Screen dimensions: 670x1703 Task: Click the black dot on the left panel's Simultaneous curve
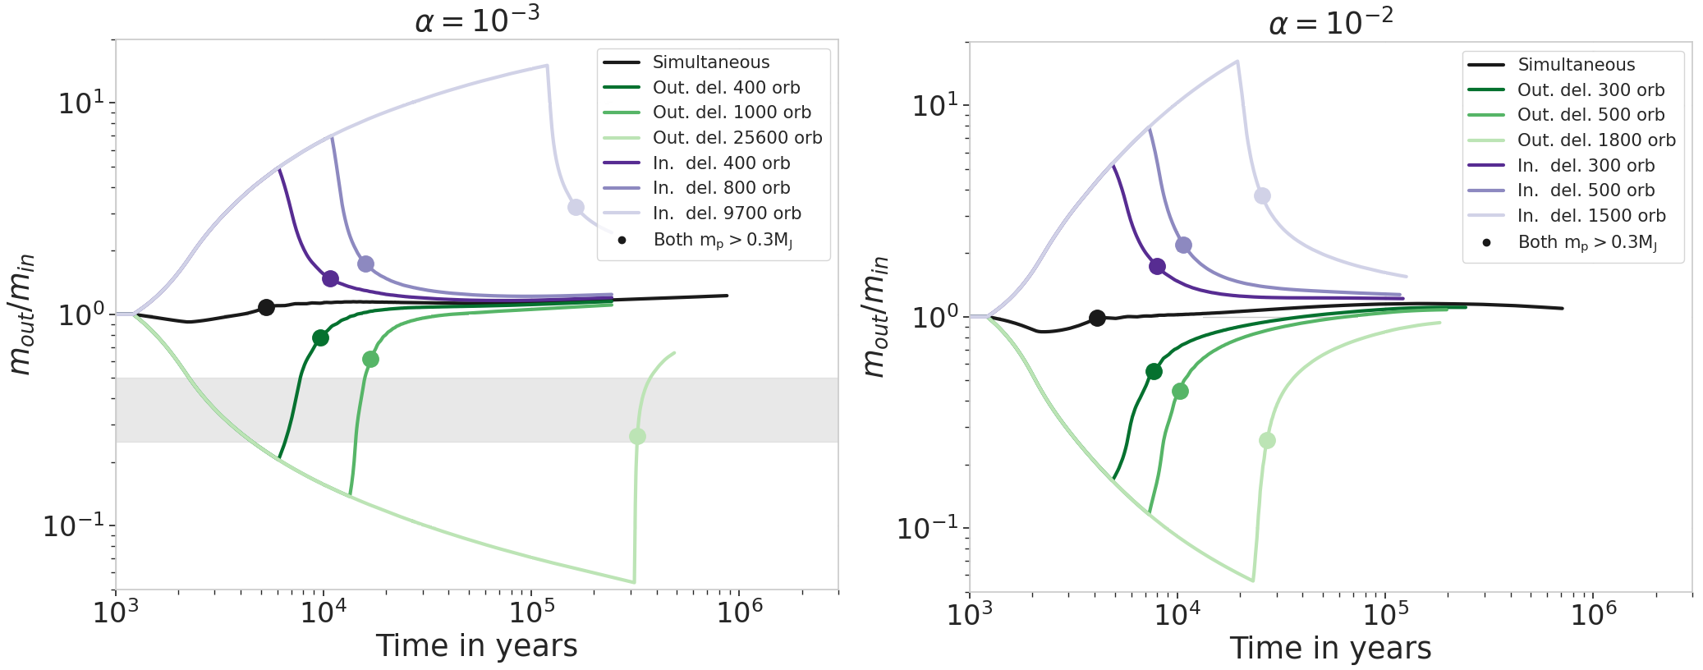pos(266,307)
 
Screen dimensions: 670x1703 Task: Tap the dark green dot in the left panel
pos(320,337)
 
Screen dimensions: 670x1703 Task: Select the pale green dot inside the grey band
pos(637,436)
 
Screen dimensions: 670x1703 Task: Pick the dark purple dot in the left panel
pos(330,278)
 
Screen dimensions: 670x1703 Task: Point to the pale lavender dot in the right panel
pos(1262,195)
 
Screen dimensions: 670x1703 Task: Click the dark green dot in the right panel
pos(1154,371)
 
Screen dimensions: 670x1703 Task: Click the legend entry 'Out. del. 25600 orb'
pos(737,138)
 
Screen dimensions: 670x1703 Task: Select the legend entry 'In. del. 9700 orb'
pos(726,213)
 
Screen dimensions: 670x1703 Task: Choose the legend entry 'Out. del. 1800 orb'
pos(1595,140)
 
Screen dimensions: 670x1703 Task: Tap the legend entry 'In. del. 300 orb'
pos(1585,166)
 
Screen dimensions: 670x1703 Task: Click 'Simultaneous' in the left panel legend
pos(710,62)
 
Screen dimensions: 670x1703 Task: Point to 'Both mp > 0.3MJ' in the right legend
pos(1586,242)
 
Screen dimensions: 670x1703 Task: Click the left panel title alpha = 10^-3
pos(477,20)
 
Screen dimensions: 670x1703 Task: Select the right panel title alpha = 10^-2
pos(1330,22)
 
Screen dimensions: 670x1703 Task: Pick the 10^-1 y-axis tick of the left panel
pos(74,525)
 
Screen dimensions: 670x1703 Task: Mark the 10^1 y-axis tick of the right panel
pos(934,105)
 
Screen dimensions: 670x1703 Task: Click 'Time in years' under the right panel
pos(1330,648)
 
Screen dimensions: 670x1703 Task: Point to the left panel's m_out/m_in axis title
pos(21,314)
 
